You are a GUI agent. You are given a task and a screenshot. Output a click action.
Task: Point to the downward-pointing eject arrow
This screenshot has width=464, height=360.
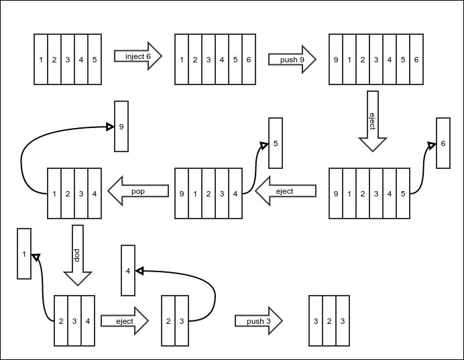click(x=373, y=122)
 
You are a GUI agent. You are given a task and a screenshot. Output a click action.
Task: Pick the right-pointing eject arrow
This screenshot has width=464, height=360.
click(x=125, y=321)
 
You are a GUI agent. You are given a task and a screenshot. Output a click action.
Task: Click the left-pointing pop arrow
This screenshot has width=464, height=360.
click(x=138, y=191)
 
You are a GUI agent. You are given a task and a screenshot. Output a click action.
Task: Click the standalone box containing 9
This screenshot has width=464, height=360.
click(x=121, y=126)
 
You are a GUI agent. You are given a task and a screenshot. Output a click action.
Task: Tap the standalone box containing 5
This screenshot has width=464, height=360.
click(x=276, y=143)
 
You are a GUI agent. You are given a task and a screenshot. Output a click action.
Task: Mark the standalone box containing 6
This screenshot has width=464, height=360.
click(x=443, y=143)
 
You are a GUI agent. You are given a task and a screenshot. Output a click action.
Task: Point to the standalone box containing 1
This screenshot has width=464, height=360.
click(x=23, y=254)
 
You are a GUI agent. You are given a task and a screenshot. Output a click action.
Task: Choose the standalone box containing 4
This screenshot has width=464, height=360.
click(x=127, y=271)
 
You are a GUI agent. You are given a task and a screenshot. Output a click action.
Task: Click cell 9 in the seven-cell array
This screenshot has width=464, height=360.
click(x=336, y=60)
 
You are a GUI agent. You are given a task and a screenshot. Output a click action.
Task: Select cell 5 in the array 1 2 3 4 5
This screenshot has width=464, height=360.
click(x=95, y=60)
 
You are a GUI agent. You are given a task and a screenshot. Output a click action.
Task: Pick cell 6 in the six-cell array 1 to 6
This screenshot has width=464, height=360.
click(x=249, y=60)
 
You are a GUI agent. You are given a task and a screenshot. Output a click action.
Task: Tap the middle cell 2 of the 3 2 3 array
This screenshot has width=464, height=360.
click(x=329, y=321)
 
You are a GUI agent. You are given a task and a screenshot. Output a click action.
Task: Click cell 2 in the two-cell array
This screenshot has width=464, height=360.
click(x=168, y=321)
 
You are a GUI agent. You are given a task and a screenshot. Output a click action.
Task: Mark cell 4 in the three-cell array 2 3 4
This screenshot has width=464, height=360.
click(x=88, y=321)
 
